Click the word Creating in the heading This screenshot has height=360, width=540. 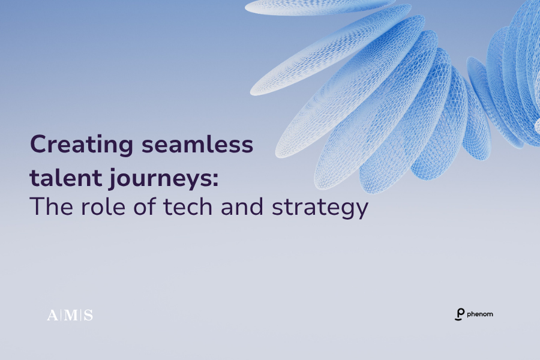[81, 145]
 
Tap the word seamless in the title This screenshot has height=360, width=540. [197, 144]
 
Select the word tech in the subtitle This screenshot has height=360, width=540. [188, 206]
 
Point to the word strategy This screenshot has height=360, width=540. [320, 208]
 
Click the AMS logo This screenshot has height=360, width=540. [70, 315]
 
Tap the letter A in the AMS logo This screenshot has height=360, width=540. [52, 315]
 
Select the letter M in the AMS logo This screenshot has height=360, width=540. [70, 315]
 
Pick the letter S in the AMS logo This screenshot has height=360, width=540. [89, 315]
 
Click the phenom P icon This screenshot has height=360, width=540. [460, 314]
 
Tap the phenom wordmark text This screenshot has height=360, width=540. [480, 314]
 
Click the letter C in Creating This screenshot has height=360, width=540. [38, 145]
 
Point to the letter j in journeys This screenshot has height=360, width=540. [112, 179]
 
